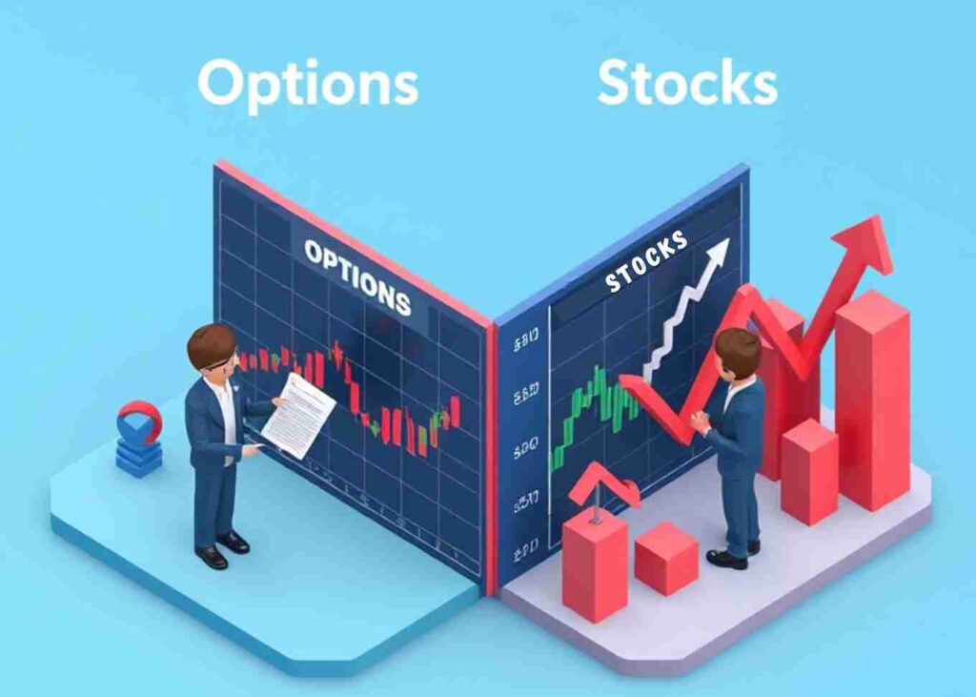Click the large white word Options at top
(x=307, y=84)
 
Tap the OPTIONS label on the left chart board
(x=357, y=277)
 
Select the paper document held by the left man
(x=298, y=415)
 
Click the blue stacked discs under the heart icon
(x=139, y=458)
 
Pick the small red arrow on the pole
(x=604, y=482)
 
